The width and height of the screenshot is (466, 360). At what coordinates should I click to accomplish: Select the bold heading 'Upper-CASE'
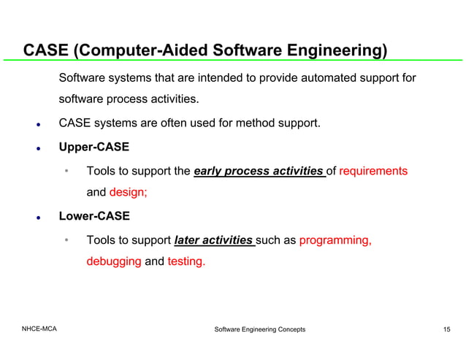[x=93, y=147]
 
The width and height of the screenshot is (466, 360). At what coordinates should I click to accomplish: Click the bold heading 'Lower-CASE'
[x=94, y=216]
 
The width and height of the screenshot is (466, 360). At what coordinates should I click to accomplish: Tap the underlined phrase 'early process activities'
[x=259, y=172]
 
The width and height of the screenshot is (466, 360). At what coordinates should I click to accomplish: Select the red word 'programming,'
[x=335, y=240]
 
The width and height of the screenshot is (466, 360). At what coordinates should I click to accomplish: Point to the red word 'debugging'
[x=113, y=261]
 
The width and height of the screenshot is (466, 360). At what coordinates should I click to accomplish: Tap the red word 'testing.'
[x=186, y=261]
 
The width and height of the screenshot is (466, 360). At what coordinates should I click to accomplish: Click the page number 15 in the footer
[x=446, y=330]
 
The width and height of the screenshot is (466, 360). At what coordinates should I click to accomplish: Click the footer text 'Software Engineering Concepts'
[x=259, y=330]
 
